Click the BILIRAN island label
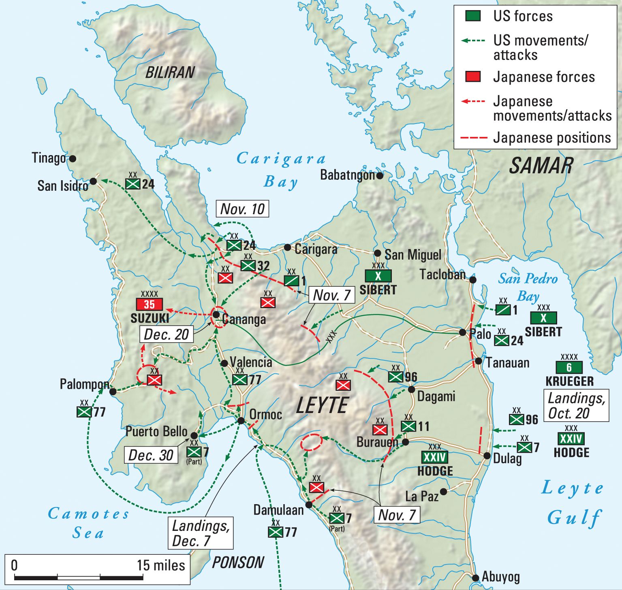[170, 72]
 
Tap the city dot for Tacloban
[472, 280]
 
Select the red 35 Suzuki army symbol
[149, 305]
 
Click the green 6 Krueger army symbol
[569, 367]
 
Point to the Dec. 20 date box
[166, 334]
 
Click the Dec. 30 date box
[151, 455]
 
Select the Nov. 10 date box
[242, 209]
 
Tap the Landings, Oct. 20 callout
[576, 406]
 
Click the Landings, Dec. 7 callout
[201, 533]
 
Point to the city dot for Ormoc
[241, 421]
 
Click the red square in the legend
[473, 77]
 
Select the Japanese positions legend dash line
[474, 138]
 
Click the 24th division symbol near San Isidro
[133, 184]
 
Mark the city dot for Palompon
[113, 392]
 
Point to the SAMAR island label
[541, 166]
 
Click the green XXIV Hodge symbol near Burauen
[434, 457]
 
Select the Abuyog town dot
[475, 578]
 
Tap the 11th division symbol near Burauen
[408, 426]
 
